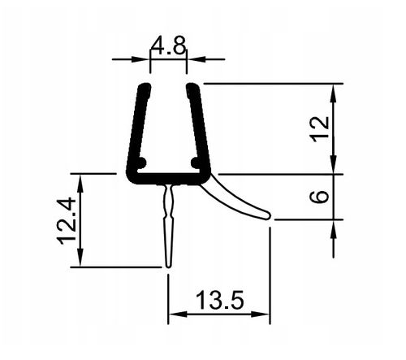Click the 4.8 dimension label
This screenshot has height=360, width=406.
(x=168, y=46)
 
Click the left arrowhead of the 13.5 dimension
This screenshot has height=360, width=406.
(x=174, y=315)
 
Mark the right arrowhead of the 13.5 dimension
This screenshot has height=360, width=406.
(x=264, y=315)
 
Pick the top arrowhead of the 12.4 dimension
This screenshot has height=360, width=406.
(x=79, y=180)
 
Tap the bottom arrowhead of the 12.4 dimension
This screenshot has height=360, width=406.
(x=79, y=259)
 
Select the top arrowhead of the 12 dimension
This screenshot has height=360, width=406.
(x=334, y=89)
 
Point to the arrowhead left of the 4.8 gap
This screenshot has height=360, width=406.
(x=144, y=59)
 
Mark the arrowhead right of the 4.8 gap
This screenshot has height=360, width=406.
(x=193, y=59)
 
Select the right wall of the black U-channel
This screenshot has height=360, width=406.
(x=200, y=130)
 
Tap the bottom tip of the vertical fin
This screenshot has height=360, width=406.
(x=168, y=265)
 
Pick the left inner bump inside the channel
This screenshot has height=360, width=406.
(x=142, y=163)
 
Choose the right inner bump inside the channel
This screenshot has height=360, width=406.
(x=195, y=163)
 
